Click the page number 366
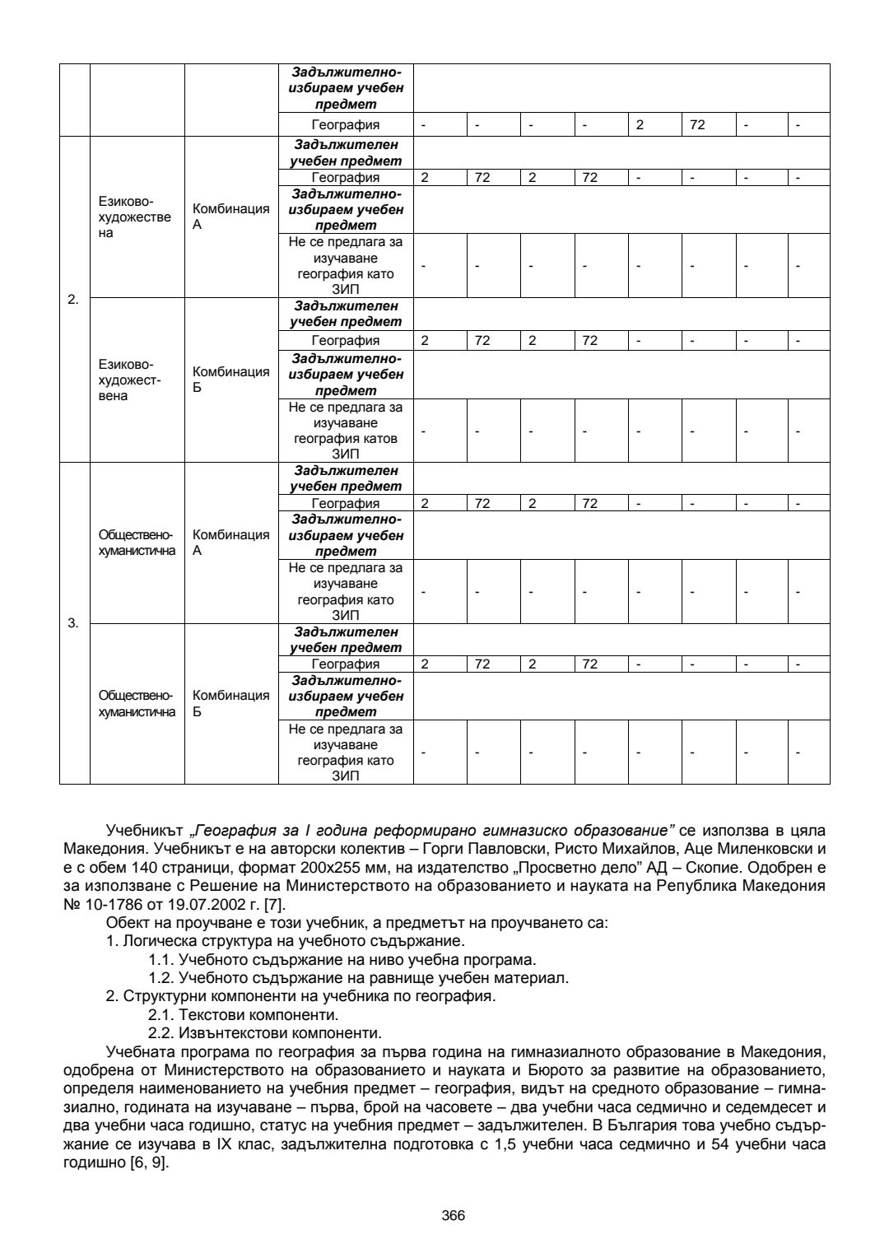(454, 1215)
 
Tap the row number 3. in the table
(73, 623)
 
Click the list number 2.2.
(161, 1032)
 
